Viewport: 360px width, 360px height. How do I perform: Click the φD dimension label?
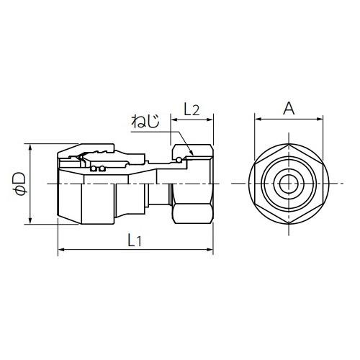click(x=19, y=183)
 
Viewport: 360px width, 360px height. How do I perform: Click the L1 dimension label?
click(x=135, y=240)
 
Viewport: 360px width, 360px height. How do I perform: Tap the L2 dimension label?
click(x=192, y=109)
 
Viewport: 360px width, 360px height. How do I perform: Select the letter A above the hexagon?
click(x=289, y=108)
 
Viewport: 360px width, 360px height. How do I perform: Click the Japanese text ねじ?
click(x=145, y=121)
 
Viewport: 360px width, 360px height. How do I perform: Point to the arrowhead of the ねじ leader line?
click(x=192, y=153)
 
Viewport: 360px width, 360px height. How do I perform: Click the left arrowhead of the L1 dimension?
click(x=61, y=250)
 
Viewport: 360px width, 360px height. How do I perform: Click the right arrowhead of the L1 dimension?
click(x=210, y=250)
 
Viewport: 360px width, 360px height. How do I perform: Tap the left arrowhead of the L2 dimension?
click(x=174, y=120)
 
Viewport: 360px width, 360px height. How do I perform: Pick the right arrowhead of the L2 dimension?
click(x=210, y=120)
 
